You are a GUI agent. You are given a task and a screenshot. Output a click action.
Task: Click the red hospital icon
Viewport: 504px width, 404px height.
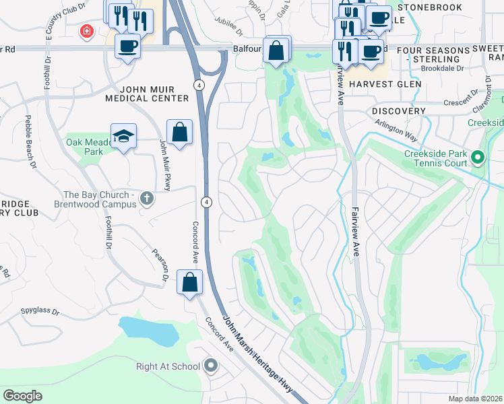(x=86, y=32)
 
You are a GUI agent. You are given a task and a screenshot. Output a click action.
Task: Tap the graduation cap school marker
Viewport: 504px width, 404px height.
(x=123, y=137)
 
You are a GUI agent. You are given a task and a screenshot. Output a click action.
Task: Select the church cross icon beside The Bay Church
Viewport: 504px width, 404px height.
(x=148, y=199)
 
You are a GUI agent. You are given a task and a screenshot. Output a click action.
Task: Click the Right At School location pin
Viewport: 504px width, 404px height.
(x=211, y=366)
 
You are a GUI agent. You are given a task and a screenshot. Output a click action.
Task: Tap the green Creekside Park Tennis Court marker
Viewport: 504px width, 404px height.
(x=478, y=158)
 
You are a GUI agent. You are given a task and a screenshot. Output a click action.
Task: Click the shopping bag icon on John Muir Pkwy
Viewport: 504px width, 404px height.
(x=180, y=133)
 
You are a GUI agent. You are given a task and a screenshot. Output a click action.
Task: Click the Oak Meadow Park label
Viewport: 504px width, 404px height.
(x=84, y=147)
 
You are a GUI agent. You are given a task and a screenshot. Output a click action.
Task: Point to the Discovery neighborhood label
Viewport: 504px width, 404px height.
(x=398, y=110)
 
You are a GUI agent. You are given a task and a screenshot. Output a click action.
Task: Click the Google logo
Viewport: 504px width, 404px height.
(x=22, y=396)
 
